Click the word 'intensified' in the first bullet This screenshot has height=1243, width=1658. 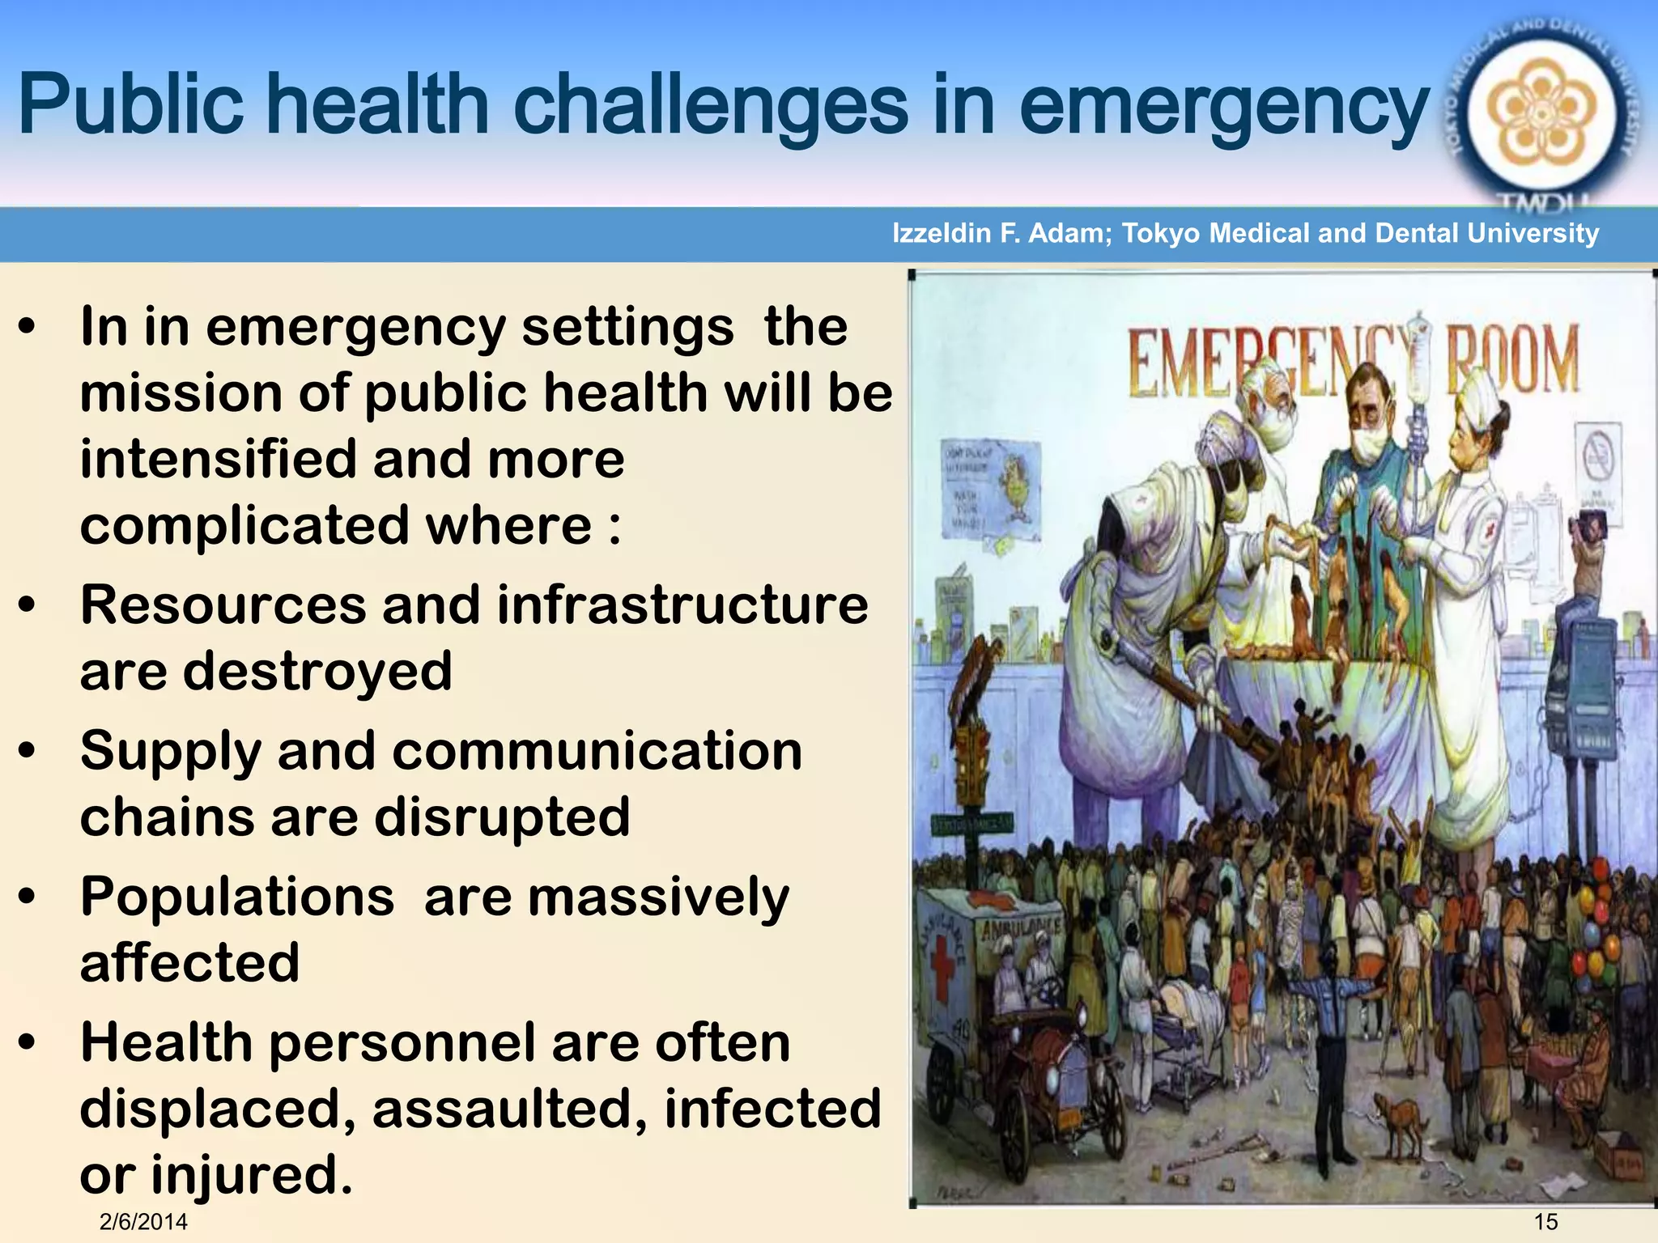click(218, 458)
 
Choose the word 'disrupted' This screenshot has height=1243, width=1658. click(501, 817)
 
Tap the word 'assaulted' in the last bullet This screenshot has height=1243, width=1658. click(509, 1109)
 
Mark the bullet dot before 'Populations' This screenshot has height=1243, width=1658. click(28, 897)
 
